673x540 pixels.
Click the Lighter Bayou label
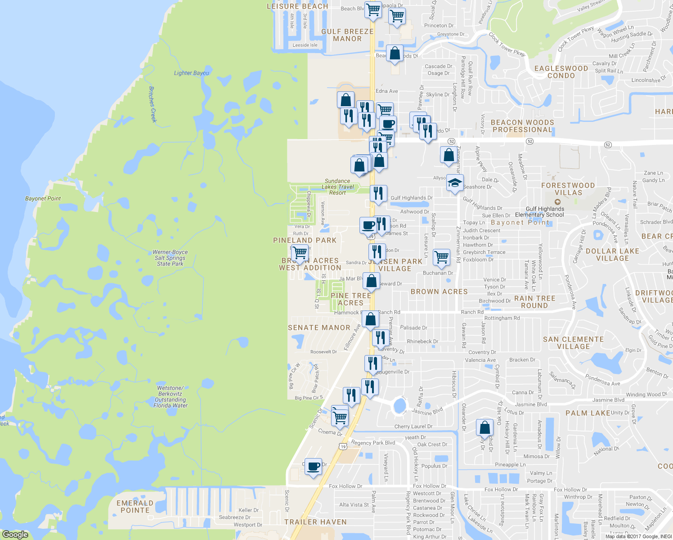tap(192, 73)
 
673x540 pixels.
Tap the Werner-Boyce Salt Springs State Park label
tap(170, 258)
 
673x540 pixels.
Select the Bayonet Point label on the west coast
tap(43, 198)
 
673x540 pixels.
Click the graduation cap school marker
tap(455, 183)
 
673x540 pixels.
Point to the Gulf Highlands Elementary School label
tap(545, 211)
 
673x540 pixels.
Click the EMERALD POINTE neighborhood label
tap(135, 507)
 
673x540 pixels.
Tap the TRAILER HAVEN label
tap(315, 522)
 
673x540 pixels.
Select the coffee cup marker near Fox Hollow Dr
tap(313, 466)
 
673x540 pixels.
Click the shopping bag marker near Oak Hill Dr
tap(485, 427)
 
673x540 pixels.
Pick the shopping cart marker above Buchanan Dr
tap(441, 257)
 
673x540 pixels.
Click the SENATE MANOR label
tap(319, 328)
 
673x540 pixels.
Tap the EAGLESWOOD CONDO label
tap(561, 72)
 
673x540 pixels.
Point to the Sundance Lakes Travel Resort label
tap(338, 187)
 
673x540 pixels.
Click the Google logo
tap(15, 535)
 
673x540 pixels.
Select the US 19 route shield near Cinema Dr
tap(343, 446)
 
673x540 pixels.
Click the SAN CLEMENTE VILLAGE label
tap(573, 343)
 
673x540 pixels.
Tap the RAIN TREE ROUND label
tap(534, 302)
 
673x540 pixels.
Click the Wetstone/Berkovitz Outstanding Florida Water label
tap(170, 396)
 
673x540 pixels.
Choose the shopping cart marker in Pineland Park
tap(299, 253)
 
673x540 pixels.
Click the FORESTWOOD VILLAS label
tap(568, 189)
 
